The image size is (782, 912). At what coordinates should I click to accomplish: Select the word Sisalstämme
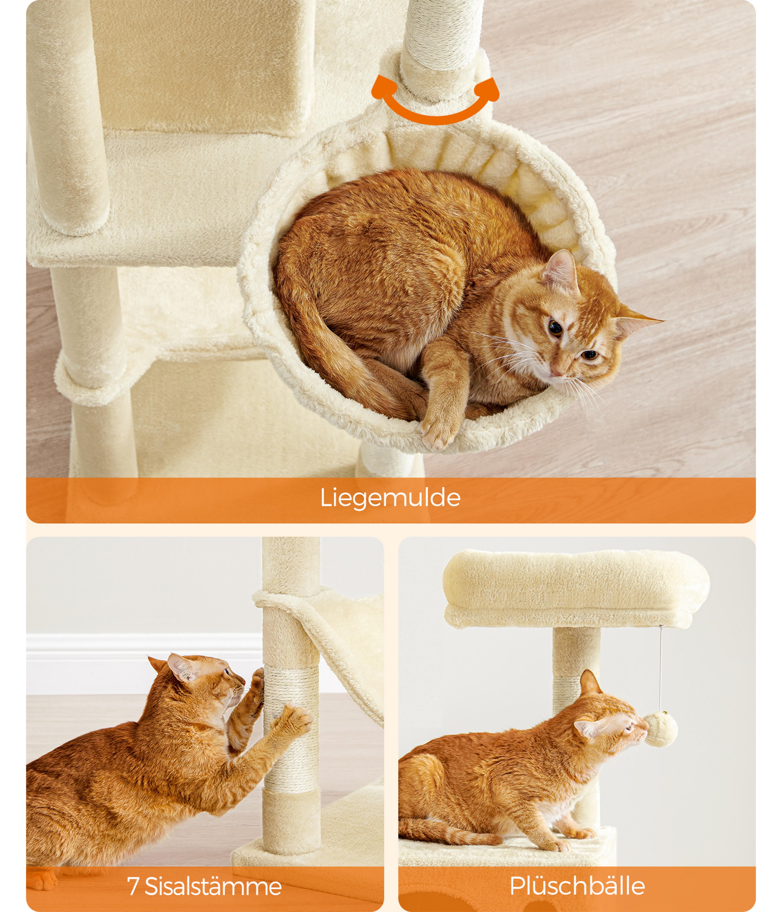click(213, 886)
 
